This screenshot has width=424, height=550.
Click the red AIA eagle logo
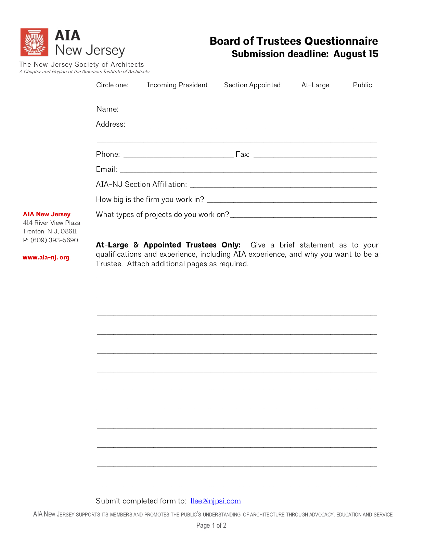[x=34, y=42]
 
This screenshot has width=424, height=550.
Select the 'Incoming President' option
[x=177, y=85]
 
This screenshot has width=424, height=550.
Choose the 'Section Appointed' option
[x=252, y=85]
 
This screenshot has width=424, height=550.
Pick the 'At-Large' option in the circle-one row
[x=315, y=85]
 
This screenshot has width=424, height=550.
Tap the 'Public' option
[x=362, y=85]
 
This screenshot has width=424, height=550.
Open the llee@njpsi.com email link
[x=216, y=501]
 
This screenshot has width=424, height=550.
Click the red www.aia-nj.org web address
[x=46, y=257]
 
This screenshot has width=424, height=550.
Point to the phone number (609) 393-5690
[x=54, y=240]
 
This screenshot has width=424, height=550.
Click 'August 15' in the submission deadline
[x=356, y=54]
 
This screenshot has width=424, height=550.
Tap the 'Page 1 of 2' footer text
[x=211, y=525]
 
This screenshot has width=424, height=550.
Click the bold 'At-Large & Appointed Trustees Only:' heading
[x=168, y=245]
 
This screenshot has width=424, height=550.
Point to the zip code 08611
[x=68, y=231]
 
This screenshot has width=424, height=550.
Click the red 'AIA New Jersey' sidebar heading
[x=47, y=214]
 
